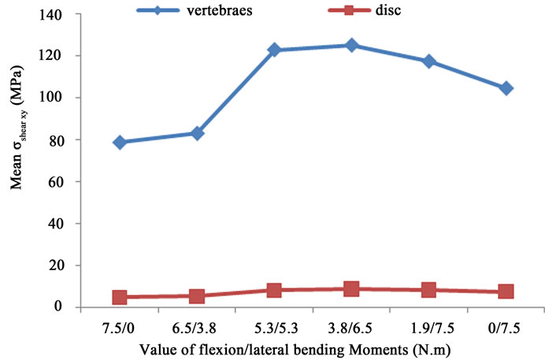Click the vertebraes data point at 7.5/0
point(120,142)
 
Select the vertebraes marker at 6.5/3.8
point(197,133)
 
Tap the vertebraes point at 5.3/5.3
point(274,50)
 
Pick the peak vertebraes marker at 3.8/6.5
point(351,46)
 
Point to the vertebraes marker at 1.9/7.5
point(428,61)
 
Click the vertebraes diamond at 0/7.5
point(506,88)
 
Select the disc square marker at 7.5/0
point(120,297)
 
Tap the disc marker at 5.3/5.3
point(274,290)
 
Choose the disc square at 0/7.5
point(506,291)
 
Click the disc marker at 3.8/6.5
point(351,288)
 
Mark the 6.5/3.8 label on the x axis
point(197,325)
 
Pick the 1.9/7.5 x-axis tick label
point(428,325)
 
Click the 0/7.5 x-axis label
point(506,325)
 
